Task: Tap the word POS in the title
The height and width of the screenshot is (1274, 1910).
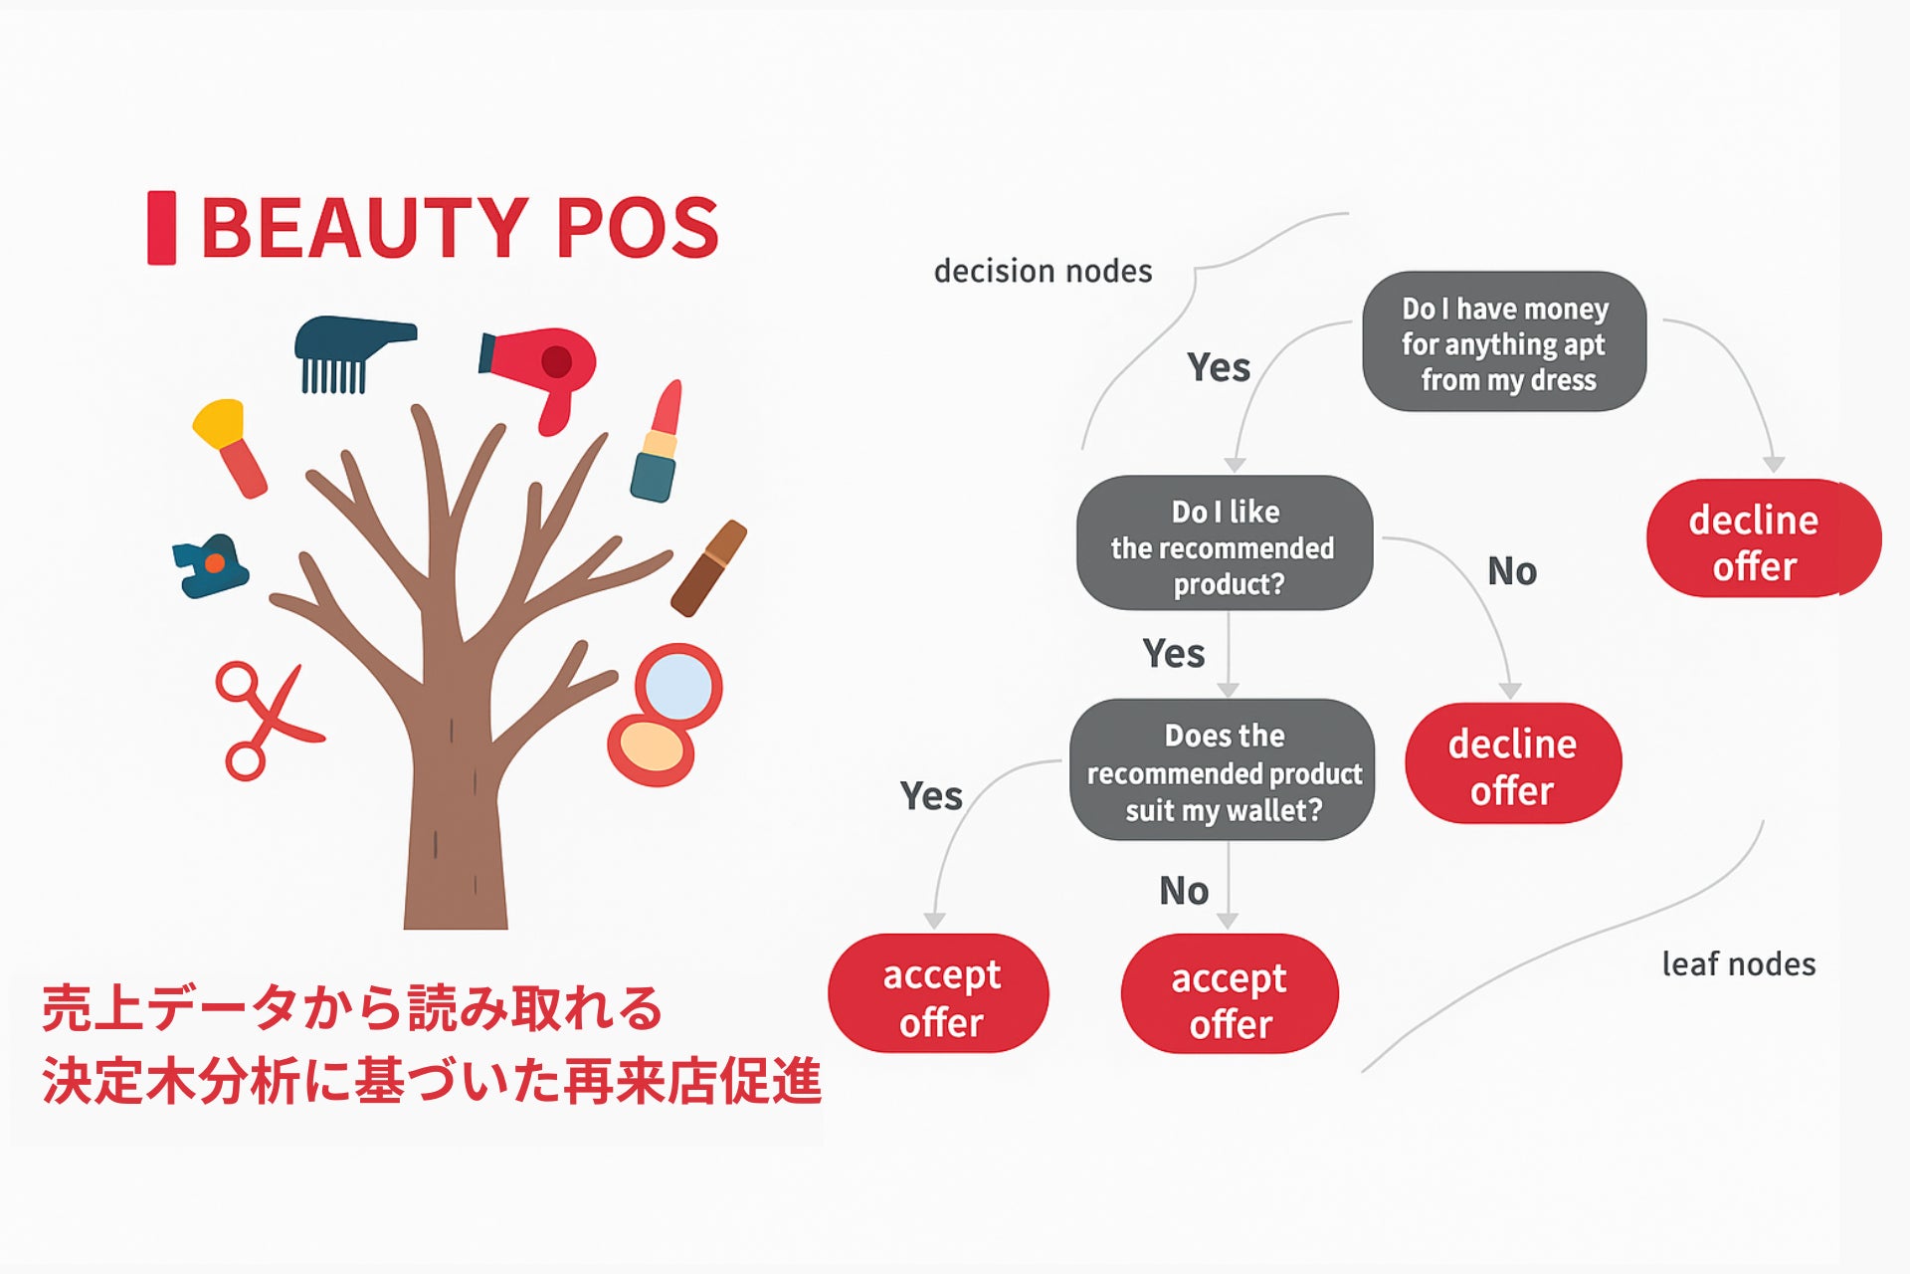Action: [x=638, y=228]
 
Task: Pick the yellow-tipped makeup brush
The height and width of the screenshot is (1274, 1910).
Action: [x=230, y=447]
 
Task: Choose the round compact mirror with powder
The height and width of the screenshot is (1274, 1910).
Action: [x=665, y=715]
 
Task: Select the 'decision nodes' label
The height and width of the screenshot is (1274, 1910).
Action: [x=1043, y=271]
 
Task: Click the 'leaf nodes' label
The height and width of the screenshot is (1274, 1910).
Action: [x=1738, y=963]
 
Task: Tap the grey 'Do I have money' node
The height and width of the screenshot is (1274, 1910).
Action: [x=1504, y=341]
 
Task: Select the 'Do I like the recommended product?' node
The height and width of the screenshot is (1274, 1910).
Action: [x=1225, y=543]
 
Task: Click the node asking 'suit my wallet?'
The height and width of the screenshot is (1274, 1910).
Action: [x=1223, y=769]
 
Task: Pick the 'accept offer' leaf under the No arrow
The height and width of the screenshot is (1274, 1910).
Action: [x=1230, y=993]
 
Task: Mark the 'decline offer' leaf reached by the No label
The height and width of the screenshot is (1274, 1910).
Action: [x=1513, y=763]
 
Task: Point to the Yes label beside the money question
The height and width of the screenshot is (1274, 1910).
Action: [x=1218, y=367]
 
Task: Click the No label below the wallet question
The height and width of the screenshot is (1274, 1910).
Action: [x=1184, y=891]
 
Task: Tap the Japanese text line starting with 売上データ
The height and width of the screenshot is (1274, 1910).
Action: [x=352, y=1008]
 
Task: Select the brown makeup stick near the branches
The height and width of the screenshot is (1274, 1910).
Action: [x=708, y=568]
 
